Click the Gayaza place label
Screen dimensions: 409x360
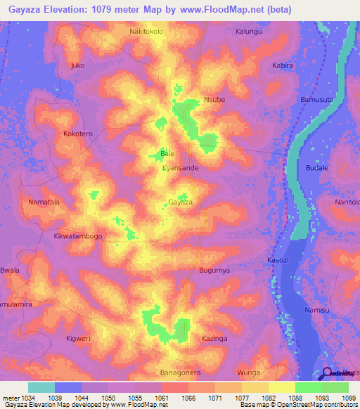click(180, 202)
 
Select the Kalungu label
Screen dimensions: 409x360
click(248, 32)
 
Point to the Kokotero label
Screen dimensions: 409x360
click(77, 133)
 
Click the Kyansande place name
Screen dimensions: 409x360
click(180, 169)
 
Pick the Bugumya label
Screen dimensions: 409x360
click(214, 270)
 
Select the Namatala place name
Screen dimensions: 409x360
click(43, 202)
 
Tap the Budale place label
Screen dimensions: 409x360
click(317, 168)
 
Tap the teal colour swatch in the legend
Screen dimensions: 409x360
click(41, 387)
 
